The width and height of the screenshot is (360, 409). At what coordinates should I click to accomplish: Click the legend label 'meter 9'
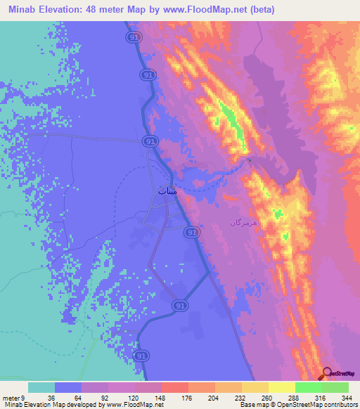tap(13, 396)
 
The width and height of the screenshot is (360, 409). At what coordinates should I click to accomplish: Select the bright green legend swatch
tap(308, 387)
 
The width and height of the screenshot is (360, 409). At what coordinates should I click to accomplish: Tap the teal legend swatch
tap(41, 387)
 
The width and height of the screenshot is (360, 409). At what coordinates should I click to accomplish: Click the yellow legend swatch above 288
tap(281, 387)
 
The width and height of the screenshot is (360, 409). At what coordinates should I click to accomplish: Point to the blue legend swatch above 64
tap(67, 387)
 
